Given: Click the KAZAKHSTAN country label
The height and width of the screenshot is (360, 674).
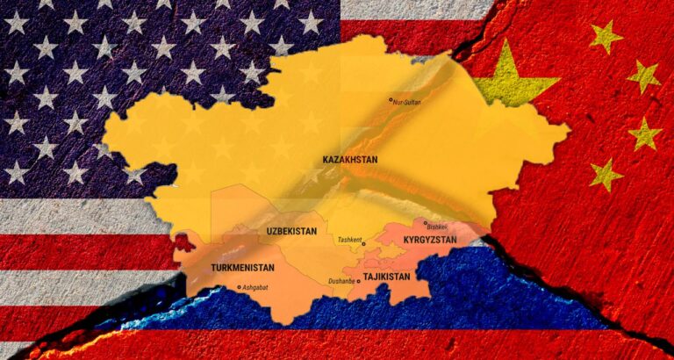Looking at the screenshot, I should click(350, 159).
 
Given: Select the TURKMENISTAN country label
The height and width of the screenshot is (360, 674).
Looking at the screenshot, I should click(243, 267).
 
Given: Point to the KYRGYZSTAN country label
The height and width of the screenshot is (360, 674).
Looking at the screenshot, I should click(430, 239).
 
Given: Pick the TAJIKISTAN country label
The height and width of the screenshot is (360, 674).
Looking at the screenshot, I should click(386, 277).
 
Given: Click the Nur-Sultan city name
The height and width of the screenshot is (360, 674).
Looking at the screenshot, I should click(407, 103).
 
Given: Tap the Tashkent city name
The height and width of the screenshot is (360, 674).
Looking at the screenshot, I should click(348, 240).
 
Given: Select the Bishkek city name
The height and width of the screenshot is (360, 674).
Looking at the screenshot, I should click(437, 227).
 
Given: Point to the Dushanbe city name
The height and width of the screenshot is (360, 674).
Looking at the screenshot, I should click(341, 281).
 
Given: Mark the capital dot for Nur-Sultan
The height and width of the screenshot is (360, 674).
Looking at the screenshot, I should click(391, 101).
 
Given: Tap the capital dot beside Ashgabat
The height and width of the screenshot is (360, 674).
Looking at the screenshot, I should click(239, 287).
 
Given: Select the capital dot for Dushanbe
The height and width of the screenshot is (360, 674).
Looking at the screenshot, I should click(358, 282).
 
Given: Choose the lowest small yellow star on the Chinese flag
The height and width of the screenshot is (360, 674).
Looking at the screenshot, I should click(606, 174).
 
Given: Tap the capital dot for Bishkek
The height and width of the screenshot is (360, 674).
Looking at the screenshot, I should click(426, 223).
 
